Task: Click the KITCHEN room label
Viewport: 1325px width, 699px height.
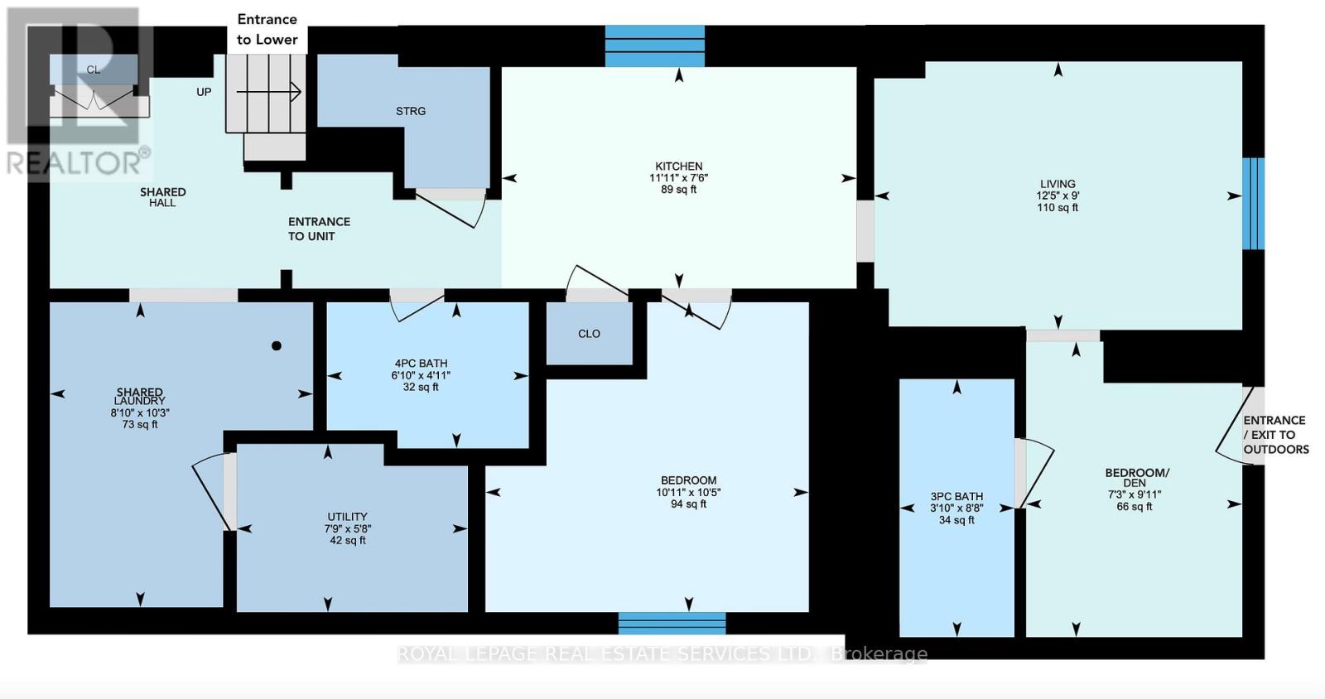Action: (678, 166)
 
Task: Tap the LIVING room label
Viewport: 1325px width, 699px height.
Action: (1058, 184)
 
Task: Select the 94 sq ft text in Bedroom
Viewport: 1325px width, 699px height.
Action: (688, 504)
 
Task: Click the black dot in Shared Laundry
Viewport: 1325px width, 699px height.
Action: (277, 346)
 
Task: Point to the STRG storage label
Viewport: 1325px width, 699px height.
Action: (411, 111)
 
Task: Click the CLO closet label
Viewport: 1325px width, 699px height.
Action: (589, 334)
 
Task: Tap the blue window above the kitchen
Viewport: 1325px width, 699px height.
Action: (654, 46)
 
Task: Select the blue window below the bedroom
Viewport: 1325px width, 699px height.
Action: (672, 623)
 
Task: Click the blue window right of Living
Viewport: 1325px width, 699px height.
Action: (1254, 203)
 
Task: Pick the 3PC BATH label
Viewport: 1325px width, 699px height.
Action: (956, 497)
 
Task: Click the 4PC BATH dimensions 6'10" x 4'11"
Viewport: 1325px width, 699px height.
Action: (421, 375)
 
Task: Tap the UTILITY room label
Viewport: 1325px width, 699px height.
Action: (347, 517)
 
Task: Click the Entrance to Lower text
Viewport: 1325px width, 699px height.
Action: (267, 29)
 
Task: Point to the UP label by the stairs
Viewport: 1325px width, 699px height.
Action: (204, 92)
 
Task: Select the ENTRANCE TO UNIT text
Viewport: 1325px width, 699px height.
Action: (319, 229)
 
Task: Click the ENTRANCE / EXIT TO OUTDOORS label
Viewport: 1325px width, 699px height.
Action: (1275, 435)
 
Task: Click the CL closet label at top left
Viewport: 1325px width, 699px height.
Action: (94, 70)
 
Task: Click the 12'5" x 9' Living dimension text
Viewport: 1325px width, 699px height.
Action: (1058, 196)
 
